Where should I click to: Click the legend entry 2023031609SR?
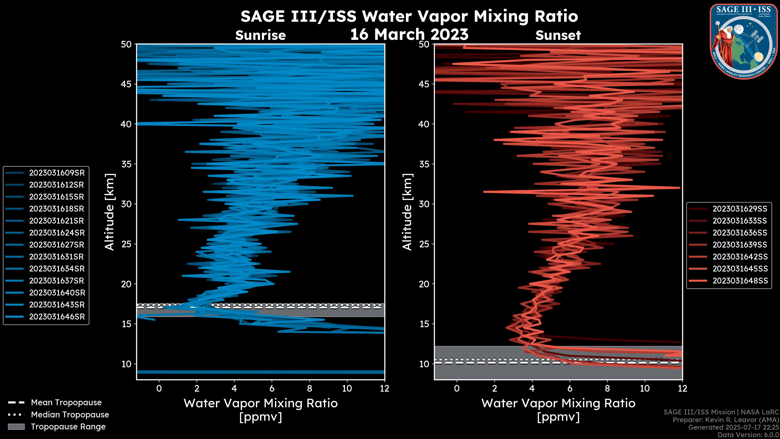[x=57, y=173]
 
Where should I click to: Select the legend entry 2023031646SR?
[x=57, y=317]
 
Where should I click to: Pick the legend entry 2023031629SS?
[x=740, y=209]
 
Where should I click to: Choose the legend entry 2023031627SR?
[x=57, y=245]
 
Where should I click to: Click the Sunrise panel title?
[x=260, y=35]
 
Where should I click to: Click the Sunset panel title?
[x=558, y=35]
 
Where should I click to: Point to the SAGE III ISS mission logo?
[x=744, y=41]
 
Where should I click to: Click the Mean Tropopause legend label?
[x=66, y=402]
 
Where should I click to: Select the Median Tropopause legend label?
[x=70, y=414]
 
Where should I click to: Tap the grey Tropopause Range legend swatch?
[x=16, y=427]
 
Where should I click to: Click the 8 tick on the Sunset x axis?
[x=607, y=388]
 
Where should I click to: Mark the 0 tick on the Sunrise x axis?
[x=159, y=388]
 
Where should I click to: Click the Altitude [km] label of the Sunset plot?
[x=407, y=212]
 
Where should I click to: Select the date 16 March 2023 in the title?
[x=409, y=34]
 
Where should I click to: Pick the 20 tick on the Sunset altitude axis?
[x=424, y=284]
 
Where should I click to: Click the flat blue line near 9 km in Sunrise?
[x=260, y=372]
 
